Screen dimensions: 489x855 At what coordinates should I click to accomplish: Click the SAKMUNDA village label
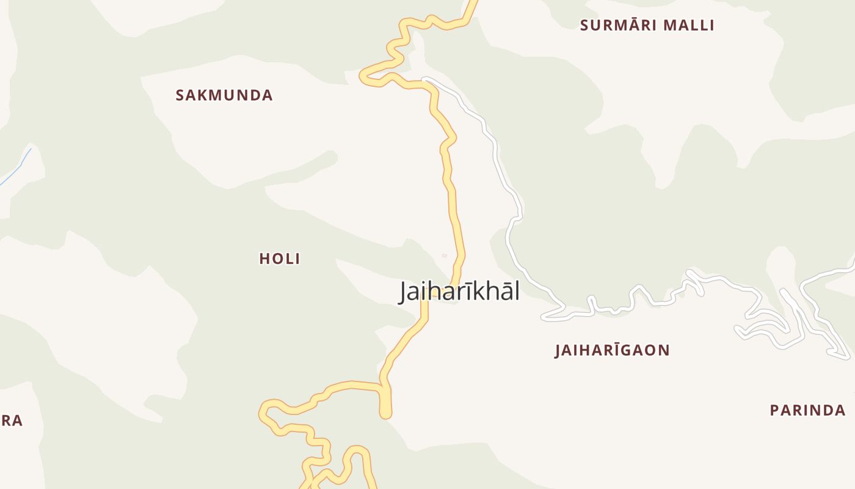224,95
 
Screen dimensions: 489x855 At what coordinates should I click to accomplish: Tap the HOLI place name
280,259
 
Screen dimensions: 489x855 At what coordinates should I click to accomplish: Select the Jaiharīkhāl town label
459,292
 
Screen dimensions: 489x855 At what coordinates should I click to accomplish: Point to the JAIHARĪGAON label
612,350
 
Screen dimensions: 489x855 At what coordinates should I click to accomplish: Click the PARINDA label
807,410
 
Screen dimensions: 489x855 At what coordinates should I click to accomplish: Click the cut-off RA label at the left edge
12,421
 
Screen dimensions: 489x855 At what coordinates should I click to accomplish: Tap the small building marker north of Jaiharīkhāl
445,256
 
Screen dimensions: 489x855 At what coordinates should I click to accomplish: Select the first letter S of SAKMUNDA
180,95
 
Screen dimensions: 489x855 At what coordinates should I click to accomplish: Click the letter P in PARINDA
774,410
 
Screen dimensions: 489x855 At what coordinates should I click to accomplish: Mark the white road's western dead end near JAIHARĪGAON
544,318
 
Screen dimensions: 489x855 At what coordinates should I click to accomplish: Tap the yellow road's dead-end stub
385,414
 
